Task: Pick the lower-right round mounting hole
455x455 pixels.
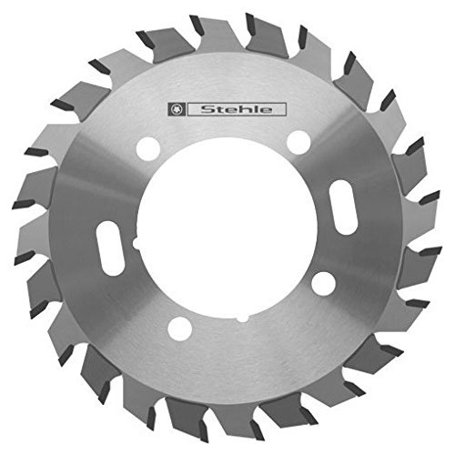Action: [x=323, y=283]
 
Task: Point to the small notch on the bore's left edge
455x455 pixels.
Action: [x=136, y=244]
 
